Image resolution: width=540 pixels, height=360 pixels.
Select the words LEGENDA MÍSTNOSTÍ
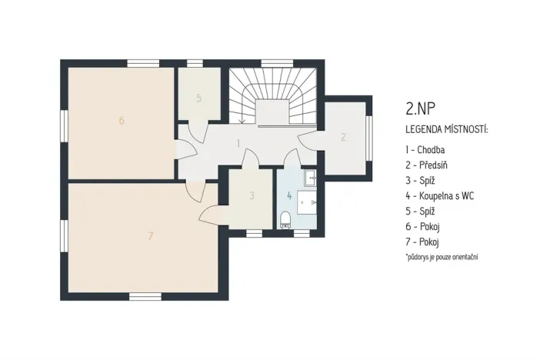[446, 128]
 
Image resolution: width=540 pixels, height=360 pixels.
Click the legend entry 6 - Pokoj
[427, 226]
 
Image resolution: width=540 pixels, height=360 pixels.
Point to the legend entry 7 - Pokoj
[427, 242]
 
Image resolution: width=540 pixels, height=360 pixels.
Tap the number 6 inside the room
[122, 121]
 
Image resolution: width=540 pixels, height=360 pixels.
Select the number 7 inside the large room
[150, 236]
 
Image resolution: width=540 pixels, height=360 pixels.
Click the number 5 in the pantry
[198, 98]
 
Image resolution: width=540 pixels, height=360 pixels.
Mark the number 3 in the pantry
[252, 196]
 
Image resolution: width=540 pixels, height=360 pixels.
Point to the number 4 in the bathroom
[289, 195]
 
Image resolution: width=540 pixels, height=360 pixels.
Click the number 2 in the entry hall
[343, 138]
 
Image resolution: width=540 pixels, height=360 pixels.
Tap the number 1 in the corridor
[238, 143]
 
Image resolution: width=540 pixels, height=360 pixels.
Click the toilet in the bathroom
[286, 218]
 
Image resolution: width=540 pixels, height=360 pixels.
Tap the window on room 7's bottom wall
[145, 296]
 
